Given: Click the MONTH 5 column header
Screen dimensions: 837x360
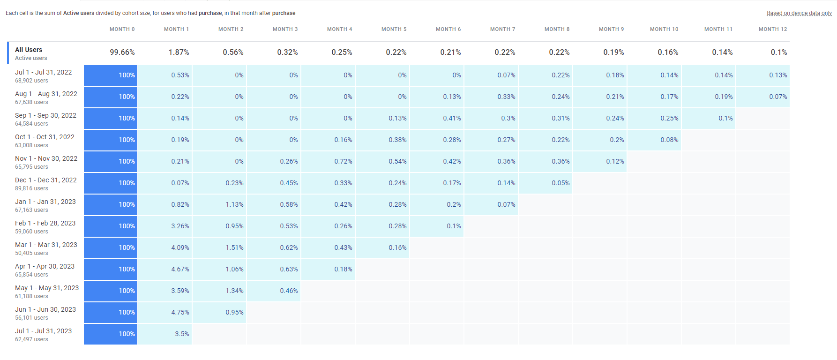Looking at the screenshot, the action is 394,29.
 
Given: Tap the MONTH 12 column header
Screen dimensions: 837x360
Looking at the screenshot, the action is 773,29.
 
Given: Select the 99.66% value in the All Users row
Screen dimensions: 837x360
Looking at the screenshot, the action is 122,52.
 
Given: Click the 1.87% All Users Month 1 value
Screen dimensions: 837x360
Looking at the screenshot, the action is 179,52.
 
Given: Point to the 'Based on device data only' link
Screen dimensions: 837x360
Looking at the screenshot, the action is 799,13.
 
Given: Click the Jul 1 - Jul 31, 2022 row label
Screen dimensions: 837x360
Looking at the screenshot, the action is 44,72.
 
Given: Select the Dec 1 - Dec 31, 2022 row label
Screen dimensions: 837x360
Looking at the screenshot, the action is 46,180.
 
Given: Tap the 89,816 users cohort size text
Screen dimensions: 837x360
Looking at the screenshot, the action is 31,188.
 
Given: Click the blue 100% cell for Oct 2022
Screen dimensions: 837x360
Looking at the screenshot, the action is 111,140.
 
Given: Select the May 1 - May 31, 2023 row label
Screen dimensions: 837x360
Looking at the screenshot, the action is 47,288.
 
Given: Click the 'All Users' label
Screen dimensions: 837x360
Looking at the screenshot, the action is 29,50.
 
